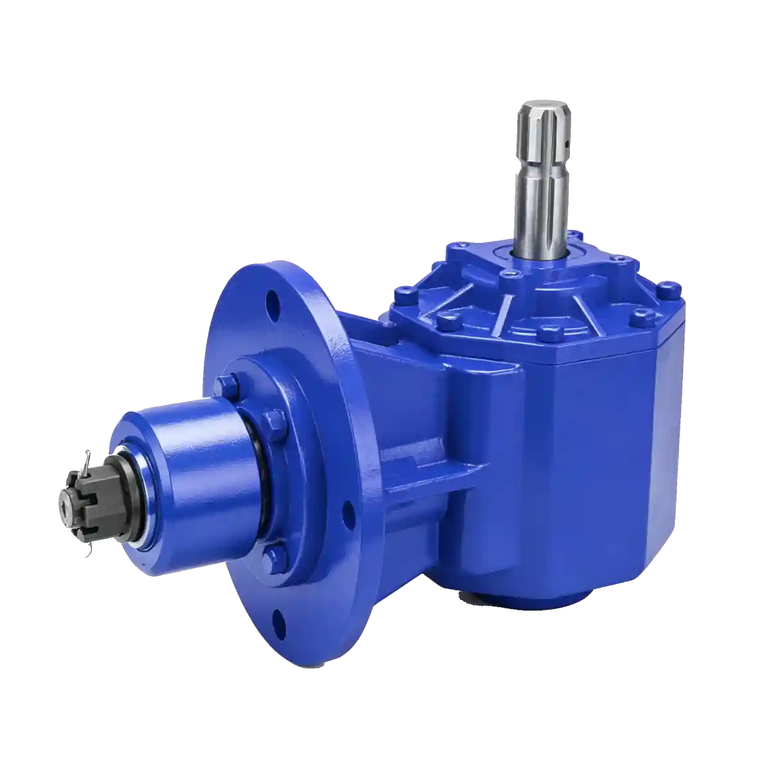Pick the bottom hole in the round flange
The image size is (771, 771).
(x=279, y=619)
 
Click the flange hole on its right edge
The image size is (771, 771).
(x=348, y=513)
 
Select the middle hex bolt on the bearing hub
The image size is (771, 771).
(x=275, y=423)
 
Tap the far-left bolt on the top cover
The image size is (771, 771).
(x=403, y=297)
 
